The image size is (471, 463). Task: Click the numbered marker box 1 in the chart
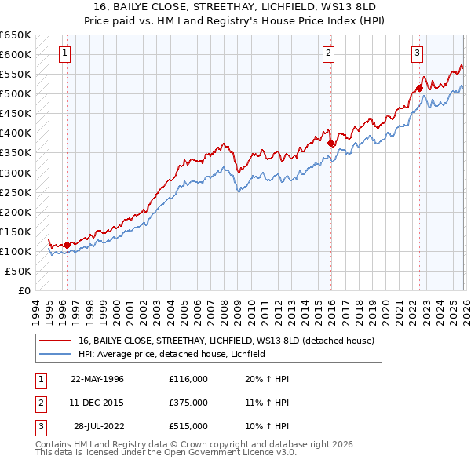pos(63,53)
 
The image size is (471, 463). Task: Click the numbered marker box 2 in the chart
pos(328,53)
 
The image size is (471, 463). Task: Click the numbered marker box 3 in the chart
pos(417,53)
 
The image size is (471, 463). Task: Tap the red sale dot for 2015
pos(330,143)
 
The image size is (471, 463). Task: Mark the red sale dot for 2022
pos(420,88)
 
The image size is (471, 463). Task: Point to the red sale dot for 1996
pos(67,244)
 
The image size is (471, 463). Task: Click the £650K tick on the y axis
pos(15,35)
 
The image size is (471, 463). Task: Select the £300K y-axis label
pos(15,173)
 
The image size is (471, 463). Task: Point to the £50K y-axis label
pos(18,271)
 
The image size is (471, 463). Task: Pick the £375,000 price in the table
pos(188,403)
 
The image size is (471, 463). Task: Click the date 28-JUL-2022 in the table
pos(97,426)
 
